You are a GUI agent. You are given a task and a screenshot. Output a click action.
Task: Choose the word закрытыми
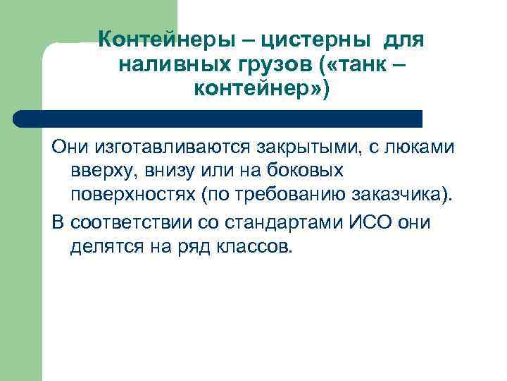click(299, 148)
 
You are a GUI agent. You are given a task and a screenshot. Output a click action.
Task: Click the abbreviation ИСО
click(373, 223)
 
